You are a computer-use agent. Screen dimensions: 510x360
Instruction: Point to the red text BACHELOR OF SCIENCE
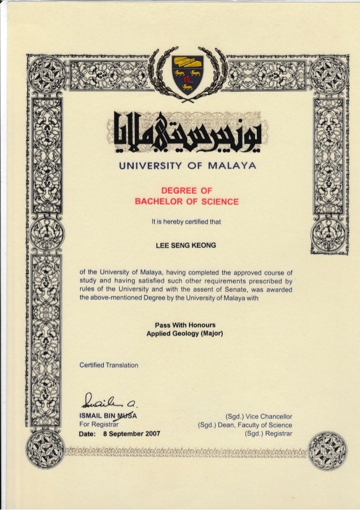point(187,202)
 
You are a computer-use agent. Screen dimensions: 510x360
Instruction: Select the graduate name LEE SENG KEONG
point(187,246)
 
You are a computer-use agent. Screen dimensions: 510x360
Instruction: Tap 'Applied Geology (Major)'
point(186,333)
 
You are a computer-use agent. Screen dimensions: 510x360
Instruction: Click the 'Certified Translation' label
point(109,365)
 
